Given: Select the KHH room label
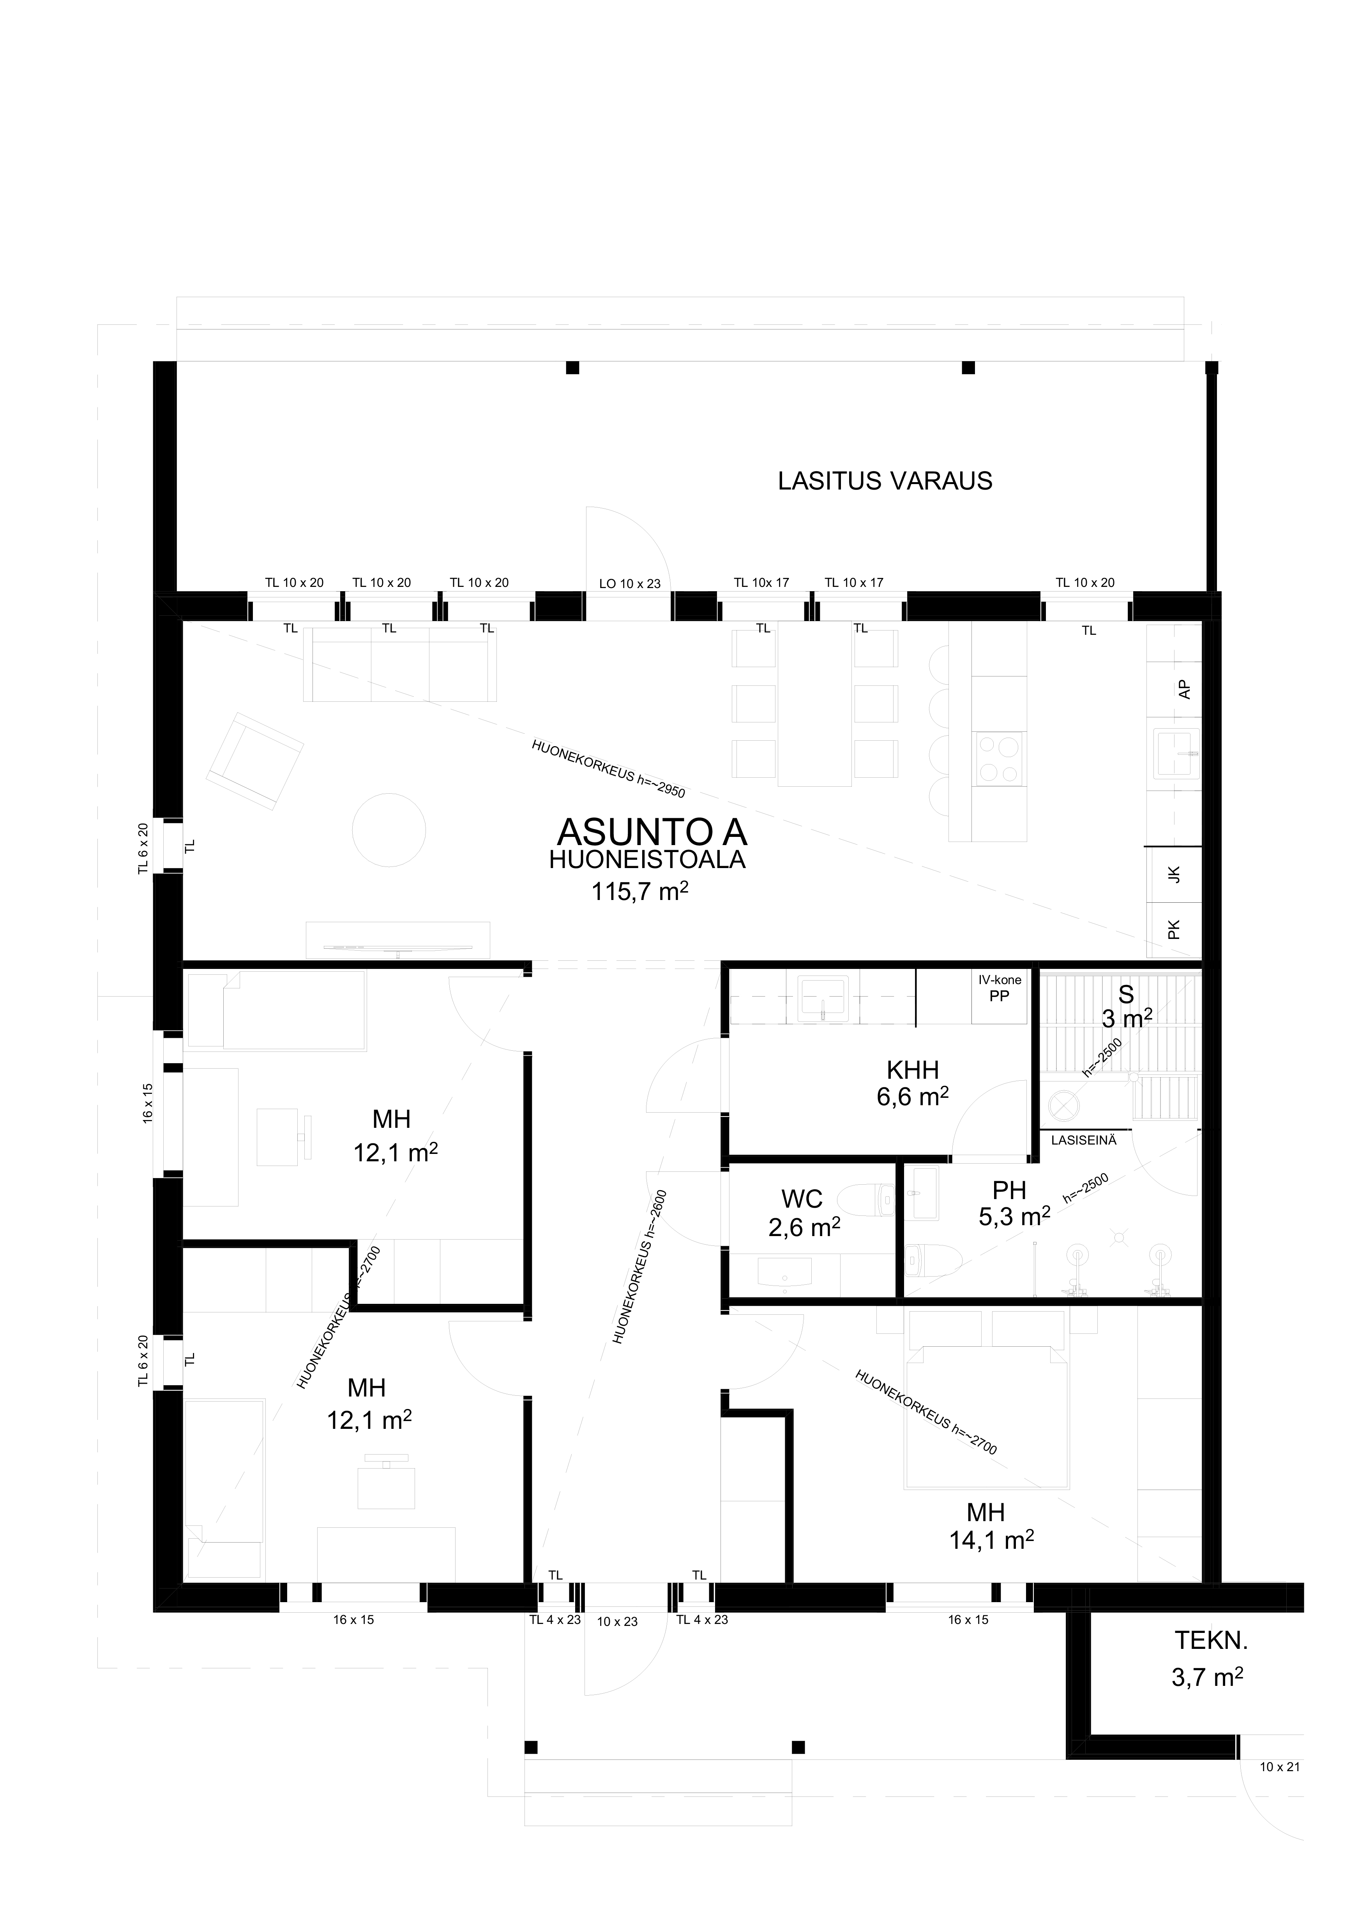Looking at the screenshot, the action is (x=913, y=1070).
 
